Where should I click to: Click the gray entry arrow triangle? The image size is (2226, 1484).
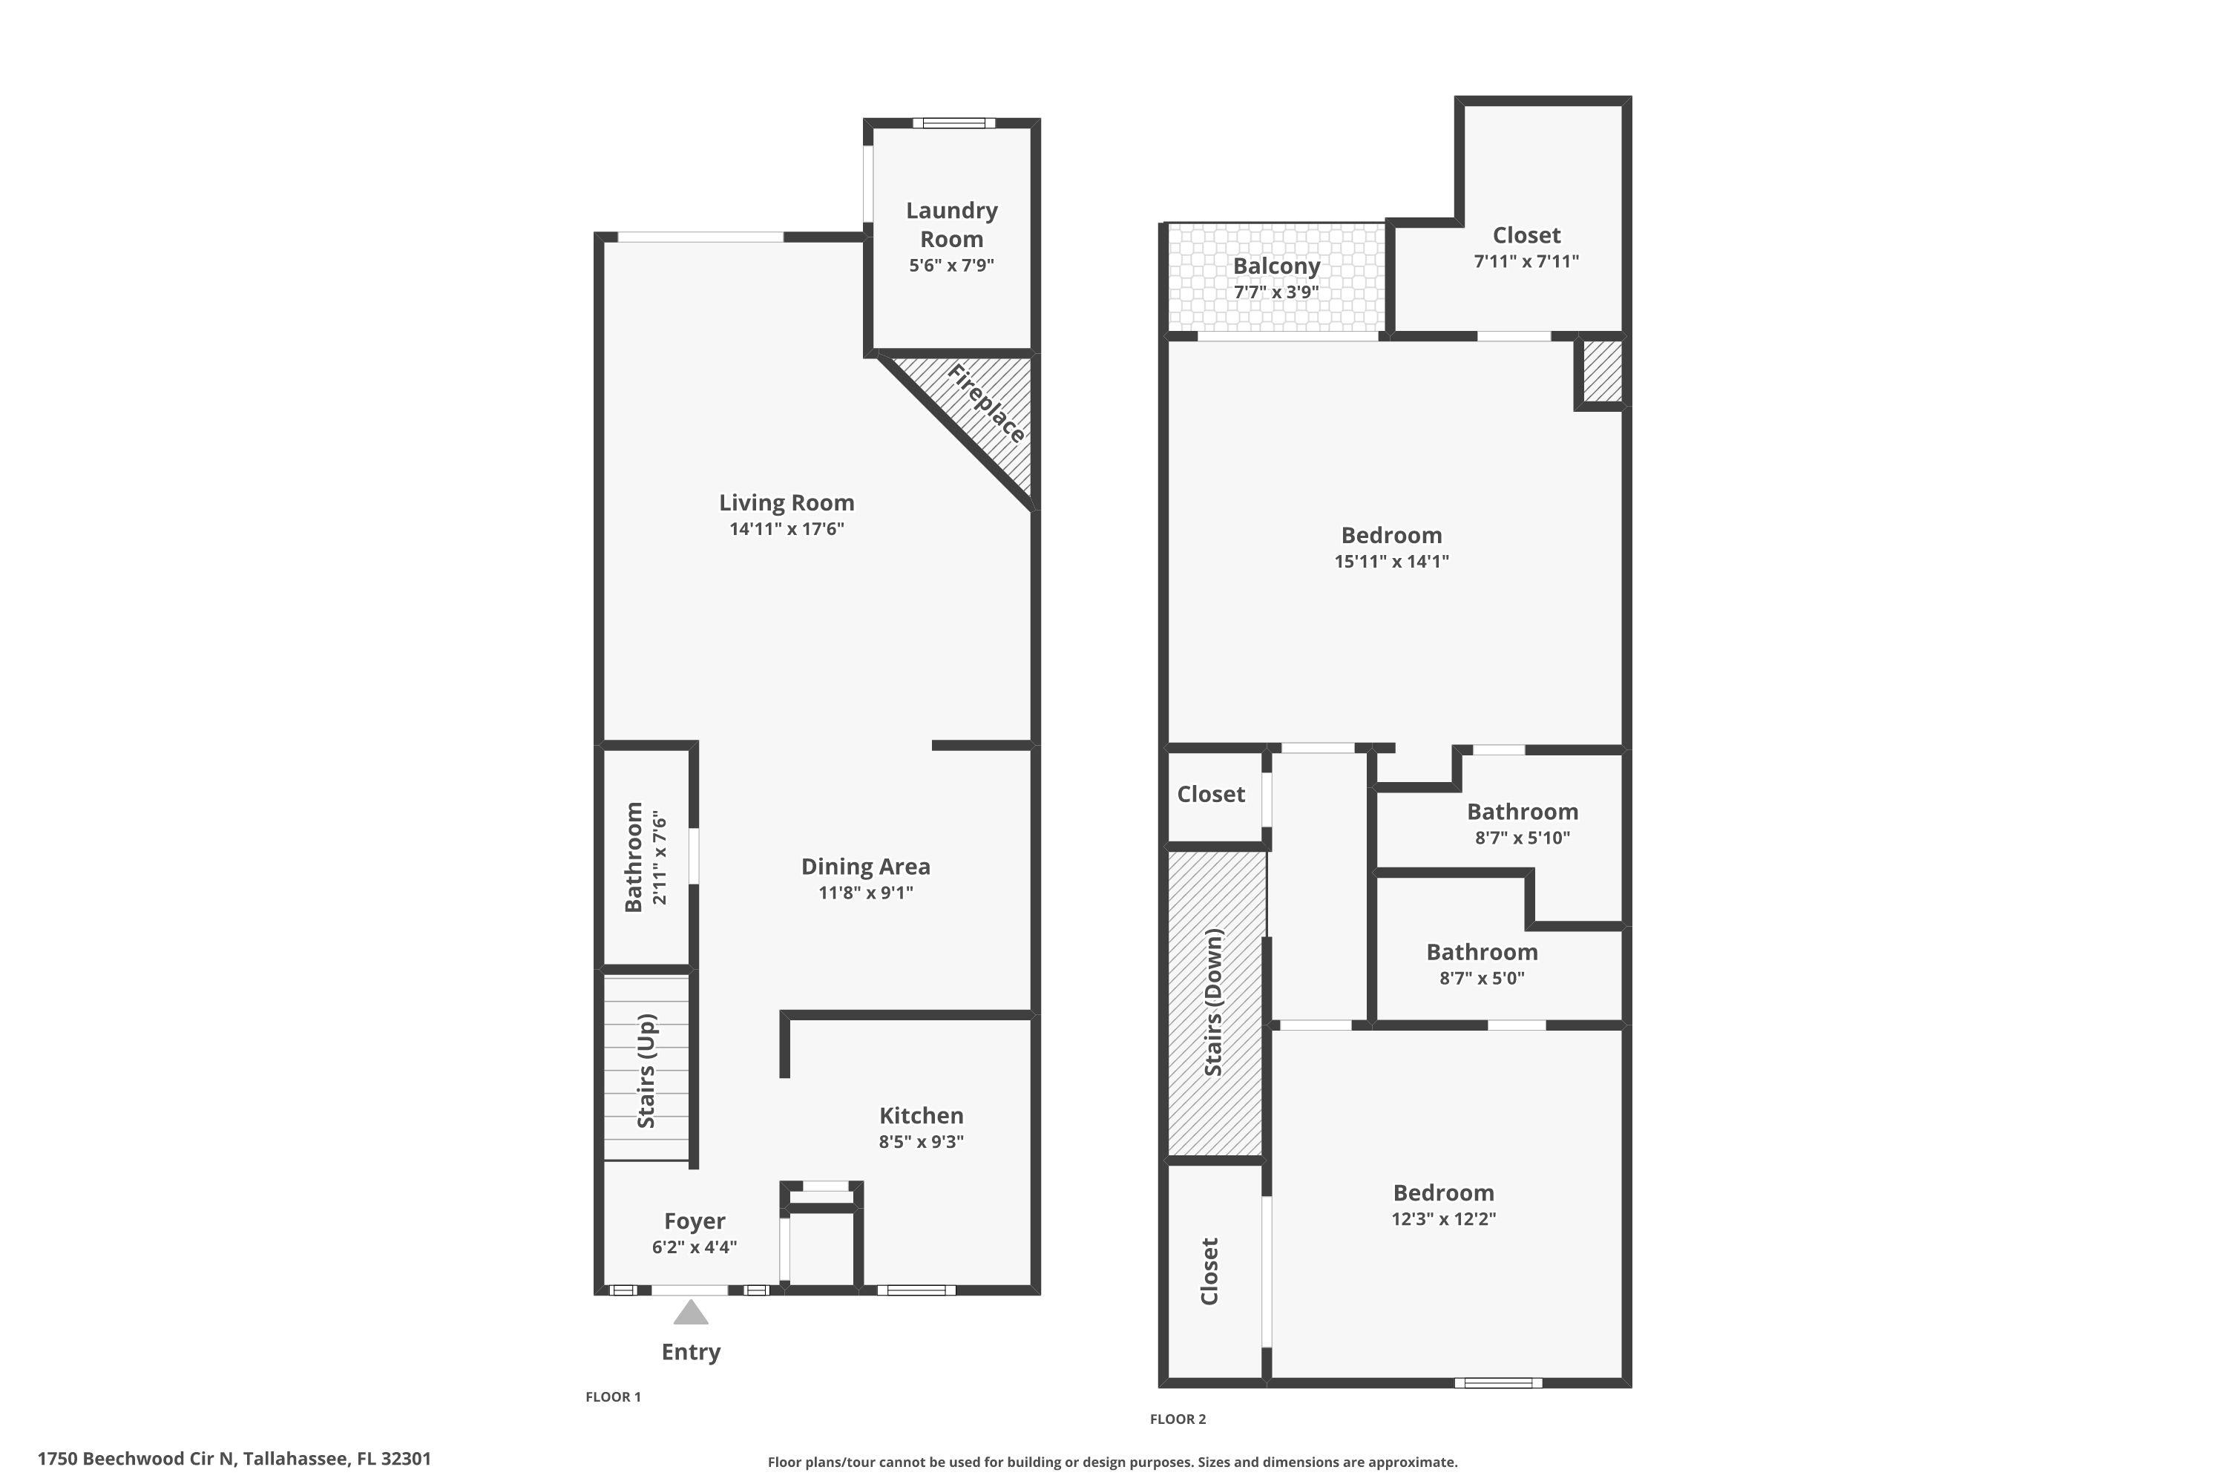pos(691,1312)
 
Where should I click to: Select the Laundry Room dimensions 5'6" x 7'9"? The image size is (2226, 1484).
pos(951,266)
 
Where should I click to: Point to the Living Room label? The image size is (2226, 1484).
pos(787,502)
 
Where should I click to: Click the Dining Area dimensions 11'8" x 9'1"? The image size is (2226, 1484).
pos(865,893)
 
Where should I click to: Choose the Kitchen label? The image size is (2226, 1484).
pos(921,1116)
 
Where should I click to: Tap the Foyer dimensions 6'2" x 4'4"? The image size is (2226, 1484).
pos(694,1247)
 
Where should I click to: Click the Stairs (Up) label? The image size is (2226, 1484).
pos(646,1071)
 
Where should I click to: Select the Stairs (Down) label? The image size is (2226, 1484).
pos(1213,1002)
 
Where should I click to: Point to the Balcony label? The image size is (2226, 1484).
pos(1275,266)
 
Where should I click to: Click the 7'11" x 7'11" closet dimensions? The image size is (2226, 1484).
pos(1526,261)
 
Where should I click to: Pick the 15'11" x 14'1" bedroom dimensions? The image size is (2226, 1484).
pos(1391,561)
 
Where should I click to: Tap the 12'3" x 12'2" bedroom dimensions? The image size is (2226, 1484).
pos(1443,1219)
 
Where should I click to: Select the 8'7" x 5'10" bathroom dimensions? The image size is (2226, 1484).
pos(1522,838)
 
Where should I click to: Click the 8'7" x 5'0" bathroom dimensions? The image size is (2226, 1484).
pos(1481,979)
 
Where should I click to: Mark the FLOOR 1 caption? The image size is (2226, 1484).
pos(614,1397)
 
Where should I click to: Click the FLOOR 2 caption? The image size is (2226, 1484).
pos(1178,1419)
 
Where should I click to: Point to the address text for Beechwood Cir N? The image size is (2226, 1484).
pos(234,1459)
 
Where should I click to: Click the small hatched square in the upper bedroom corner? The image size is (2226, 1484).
pos(1601,371)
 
